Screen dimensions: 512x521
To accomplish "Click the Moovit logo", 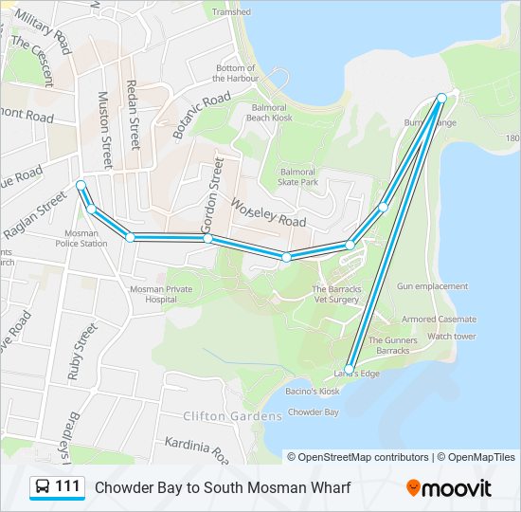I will [x=449, y=488].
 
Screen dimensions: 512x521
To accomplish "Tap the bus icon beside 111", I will [x=43, y=487].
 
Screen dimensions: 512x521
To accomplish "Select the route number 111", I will [x=67, y=487].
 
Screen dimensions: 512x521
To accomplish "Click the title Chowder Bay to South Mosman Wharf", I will [x=222, y=488].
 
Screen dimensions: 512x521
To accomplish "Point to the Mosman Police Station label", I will [x=81, y=237].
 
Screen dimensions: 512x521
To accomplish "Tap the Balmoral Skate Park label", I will [x=304, y=177].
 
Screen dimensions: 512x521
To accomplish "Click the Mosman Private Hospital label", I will [x=160, y=293].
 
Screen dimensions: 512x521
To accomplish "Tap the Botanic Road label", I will [x=202, y=116].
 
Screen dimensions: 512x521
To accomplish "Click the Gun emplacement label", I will [x=432, y=286].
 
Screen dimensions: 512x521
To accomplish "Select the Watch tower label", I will [x=451, y=337].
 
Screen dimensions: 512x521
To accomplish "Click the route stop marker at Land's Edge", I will [x=350, y=369].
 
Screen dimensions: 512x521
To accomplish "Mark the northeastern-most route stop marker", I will [x=441, y=98].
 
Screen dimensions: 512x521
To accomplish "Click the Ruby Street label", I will [x=81, y=352].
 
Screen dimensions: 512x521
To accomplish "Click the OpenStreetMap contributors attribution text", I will [x=364, y=457].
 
